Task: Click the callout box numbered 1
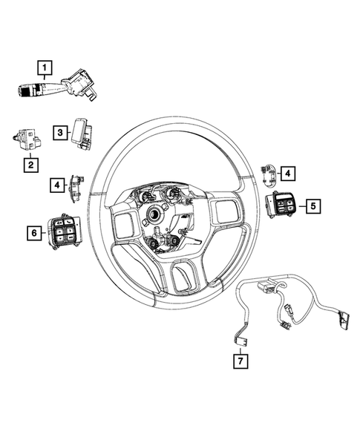pos(46,70)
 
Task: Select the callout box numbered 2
pos(30,165)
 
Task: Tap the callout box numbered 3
pos(59,131)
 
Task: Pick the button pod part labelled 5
pos(285,203)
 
